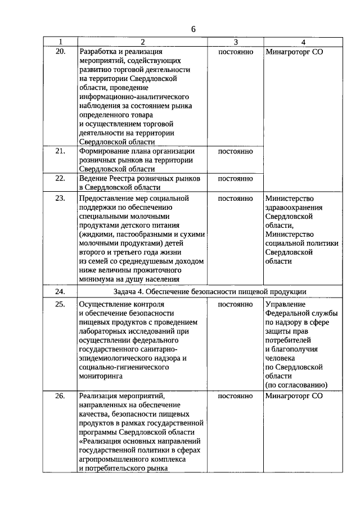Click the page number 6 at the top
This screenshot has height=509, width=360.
click(192, 29)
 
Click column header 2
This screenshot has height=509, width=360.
click(143, 42)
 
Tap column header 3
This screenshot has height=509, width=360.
click(236, 42)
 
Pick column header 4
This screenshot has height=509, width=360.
click(303, 42)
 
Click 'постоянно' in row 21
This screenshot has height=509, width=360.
click(236, 151)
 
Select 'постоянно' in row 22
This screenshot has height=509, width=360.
click(236, 178)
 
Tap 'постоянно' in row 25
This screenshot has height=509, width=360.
click(236, 304)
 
